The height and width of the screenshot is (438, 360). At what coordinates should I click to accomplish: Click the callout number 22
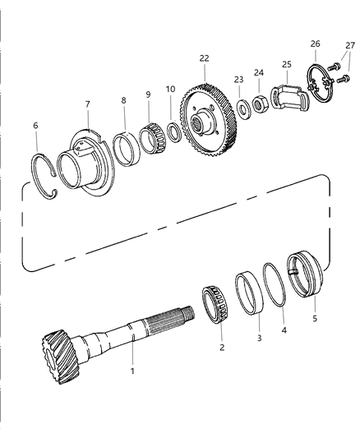[204, 58]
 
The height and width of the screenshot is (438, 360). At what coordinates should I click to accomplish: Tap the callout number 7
[87, 104]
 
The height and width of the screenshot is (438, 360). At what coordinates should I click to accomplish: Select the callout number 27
[350, 45]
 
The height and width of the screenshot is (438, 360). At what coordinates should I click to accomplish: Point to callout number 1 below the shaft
[132, 371]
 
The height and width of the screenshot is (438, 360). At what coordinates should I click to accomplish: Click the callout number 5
[315, 318]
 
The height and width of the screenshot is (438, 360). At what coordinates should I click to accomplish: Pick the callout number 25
[287, 64]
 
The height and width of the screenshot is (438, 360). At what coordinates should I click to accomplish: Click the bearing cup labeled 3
[249, 293]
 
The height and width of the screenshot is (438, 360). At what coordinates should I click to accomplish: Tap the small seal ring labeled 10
[174, 131]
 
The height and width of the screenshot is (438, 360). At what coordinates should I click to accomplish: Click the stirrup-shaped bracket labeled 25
[290, 98]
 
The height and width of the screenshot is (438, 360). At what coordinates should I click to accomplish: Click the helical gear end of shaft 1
[61, 357]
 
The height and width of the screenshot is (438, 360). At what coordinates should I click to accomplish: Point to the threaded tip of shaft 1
[188, 313]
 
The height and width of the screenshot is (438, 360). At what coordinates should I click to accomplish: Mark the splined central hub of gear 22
[201, 122]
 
